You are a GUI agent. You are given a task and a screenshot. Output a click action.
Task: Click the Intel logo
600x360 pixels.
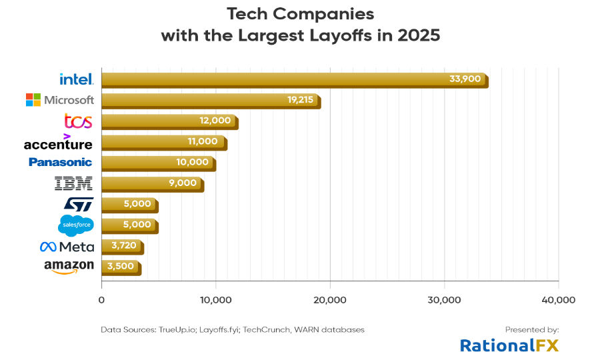tap(77, 79)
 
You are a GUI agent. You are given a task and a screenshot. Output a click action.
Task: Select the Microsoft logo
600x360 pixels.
tap(60, 100)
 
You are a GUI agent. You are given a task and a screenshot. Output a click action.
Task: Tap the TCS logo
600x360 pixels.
tap(78, 121)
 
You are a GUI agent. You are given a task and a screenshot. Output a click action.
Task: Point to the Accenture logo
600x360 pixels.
tap(58, 143)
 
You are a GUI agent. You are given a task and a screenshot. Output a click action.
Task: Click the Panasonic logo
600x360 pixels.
tap(60, 162)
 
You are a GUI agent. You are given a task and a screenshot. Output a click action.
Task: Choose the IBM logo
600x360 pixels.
tap(73, 183)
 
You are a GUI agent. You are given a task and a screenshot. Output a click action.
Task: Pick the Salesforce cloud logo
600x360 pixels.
tap(76, 225)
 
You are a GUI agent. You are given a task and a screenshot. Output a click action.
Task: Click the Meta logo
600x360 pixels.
tap(67, 247)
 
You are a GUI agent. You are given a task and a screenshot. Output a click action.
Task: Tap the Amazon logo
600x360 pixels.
tap(69, 267)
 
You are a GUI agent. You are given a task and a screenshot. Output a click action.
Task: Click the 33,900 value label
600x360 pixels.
tap(465, 79)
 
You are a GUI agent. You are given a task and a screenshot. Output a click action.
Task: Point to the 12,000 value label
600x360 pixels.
tap(215, 121)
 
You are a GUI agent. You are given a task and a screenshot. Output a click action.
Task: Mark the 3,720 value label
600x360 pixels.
tap(123, 246)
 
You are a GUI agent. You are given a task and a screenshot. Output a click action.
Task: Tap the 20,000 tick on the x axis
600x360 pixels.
tap(329, 300)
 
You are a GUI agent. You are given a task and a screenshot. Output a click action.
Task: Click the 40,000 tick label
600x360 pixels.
tap(558, 300)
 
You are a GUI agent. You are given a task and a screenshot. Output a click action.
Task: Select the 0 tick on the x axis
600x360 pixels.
tap(101, 300)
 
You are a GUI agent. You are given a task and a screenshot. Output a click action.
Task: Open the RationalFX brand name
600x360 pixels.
tap(509, 345)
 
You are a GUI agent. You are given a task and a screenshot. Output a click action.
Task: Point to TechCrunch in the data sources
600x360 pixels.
tap(269, 329)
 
